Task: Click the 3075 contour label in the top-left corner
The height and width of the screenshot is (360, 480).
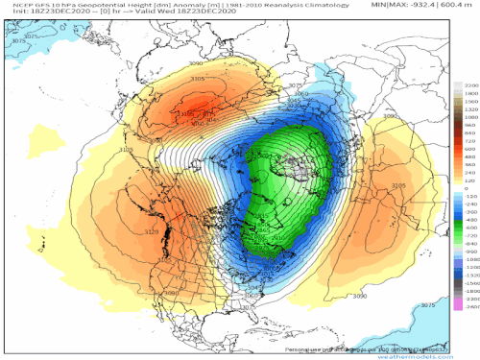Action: pos(32,36)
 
